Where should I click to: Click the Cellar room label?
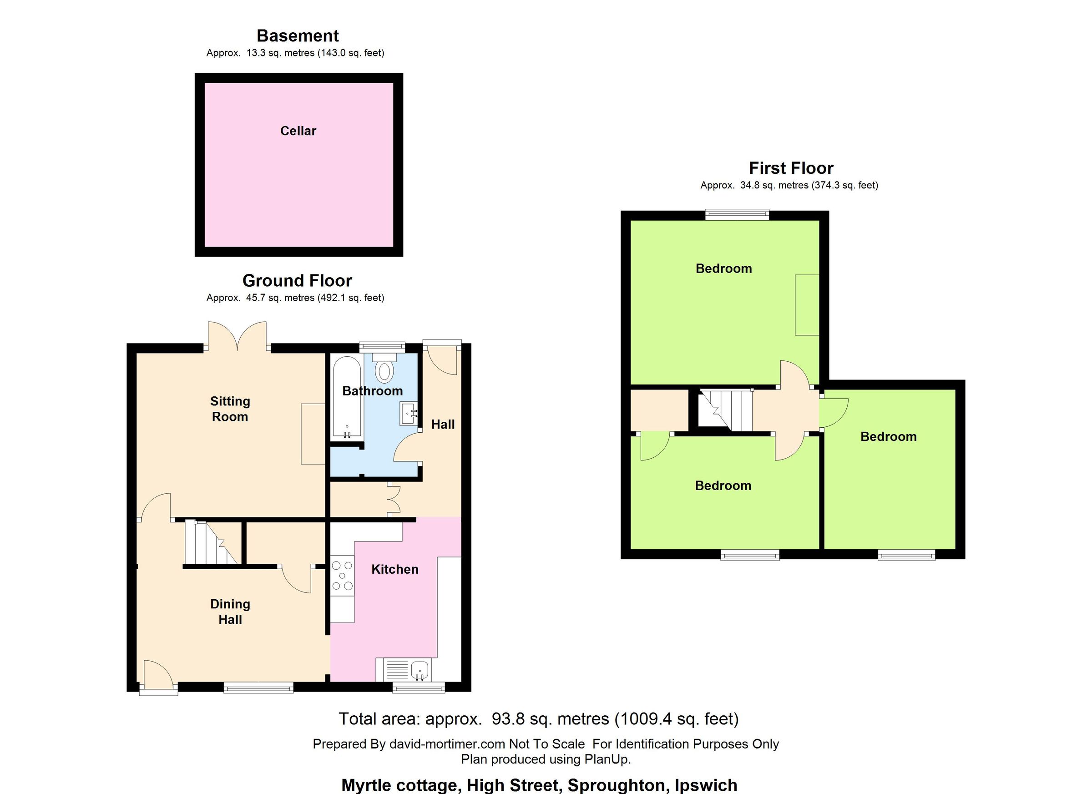[298, 131]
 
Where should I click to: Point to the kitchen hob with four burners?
[342, 576]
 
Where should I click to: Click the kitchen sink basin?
[420, 670]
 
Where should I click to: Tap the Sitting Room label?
[230, 409]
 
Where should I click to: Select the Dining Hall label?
[230, 612]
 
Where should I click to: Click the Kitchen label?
[395, 570]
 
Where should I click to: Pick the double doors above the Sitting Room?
[237, 337]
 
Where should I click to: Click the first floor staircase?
[725, 410]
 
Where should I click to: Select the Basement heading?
[298, 35]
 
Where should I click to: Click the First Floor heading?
[791, 168]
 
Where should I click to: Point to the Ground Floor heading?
[297, 280]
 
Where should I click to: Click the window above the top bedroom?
[737, 215]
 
